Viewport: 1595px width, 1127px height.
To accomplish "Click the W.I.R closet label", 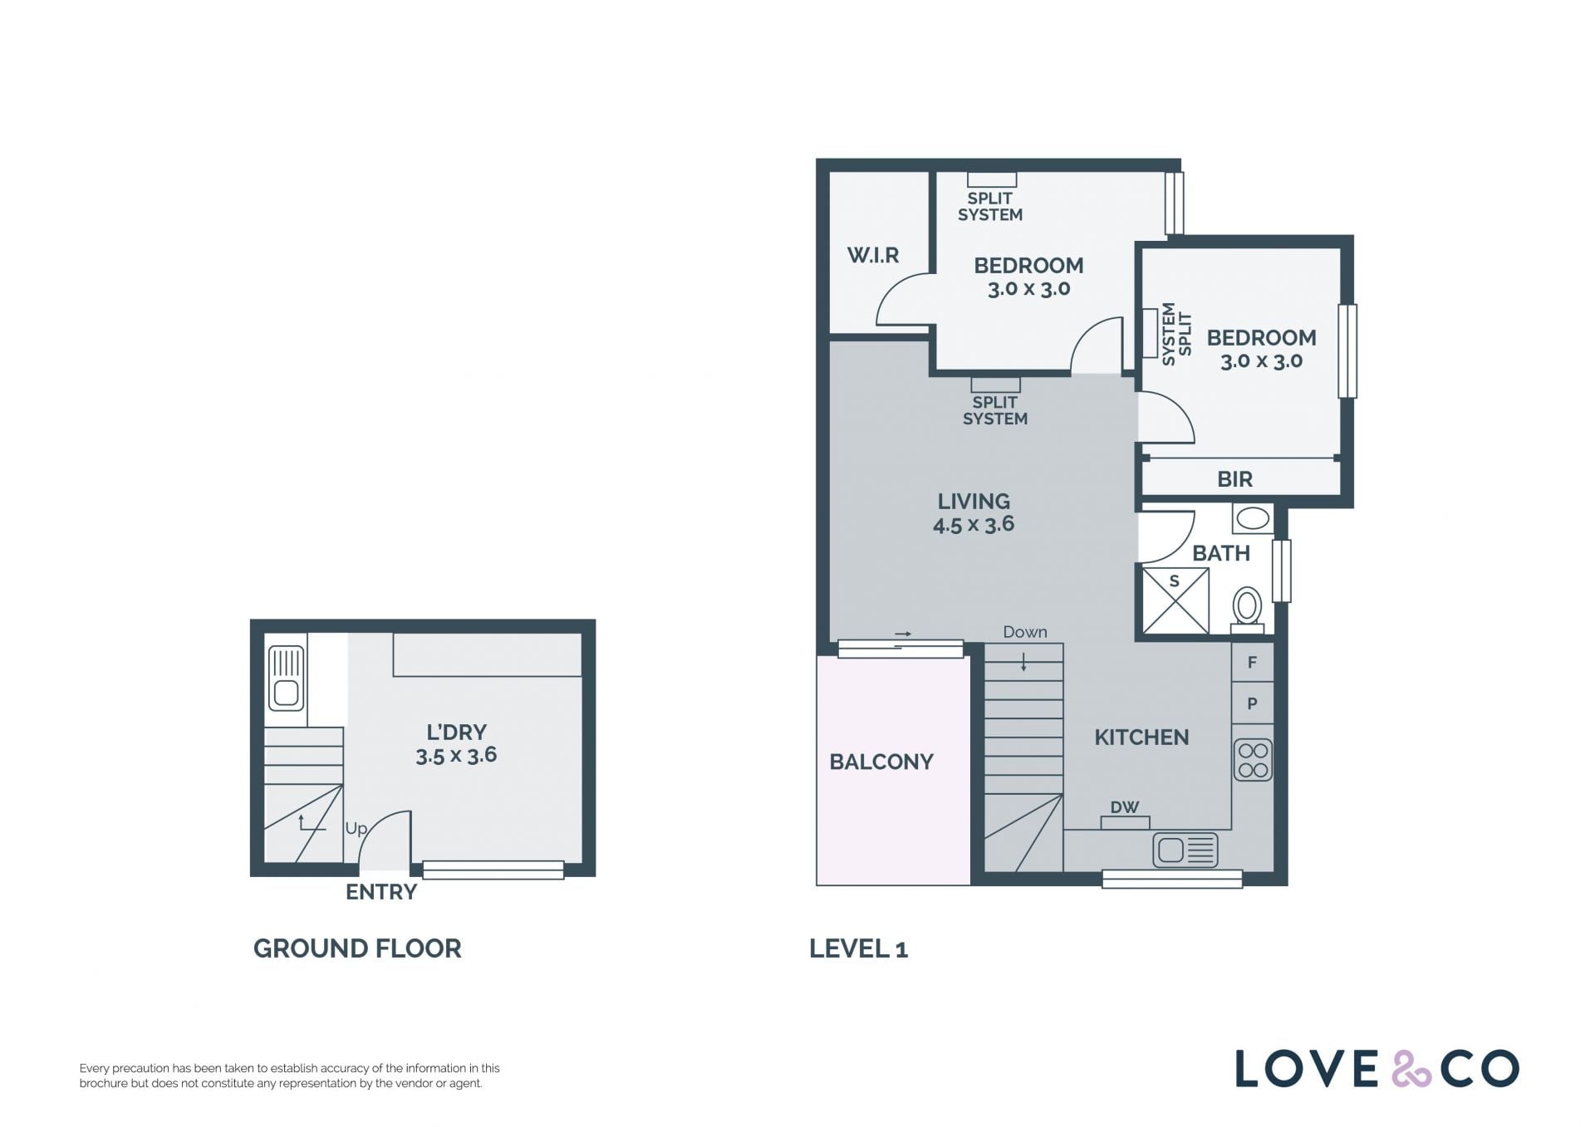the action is pyautogui.click(x=872, y=255).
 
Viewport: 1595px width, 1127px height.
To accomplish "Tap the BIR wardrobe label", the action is pyautogui.click(x=1234, y=479).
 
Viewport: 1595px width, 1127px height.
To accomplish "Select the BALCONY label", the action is pyautogui.click(x=881, y=762).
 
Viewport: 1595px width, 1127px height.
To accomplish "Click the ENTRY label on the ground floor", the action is pyautogui.click(x=381, y=892).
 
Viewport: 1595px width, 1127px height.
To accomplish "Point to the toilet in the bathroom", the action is pyautogui.click(x=1247, y=610).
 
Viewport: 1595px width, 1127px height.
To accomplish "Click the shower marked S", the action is pyautogui.click(x=1175, y=600).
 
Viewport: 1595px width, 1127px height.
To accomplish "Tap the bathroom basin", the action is pyautogui.click(x=1252, y=519).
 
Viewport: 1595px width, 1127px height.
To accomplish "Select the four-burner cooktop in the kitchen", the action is pyautogui.click(x=1253, y=760).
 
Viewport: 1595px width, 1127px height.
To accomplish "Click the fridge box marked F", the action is pyautogui.click(x=1252, y=662).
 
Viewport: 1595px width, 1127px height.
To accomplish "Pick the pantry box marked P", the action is pyautogui.click(x=1252, y=703).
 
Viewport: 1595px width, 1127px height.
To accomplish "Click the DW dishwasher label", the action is pyautogui.click(x=1125, y=807).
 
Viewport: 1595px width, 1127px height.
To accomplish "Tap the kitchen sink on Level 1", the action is pyautogui.click(x=1185, y=850).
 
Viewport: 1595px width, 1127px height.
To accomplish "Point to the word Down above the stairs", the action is pyautogui.click(x=1025, y=632).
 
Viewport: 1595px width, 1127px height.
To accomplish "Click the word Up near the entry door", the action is pyautogui.click(x=356, y=829).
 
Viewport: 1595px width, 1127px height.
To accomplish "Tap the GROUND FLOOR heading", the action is pyautogui.click(x=357, y=948).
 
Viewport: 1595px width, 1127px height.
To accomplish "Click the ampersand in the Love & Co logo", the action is pyautogui.click(x=1411, y=1069).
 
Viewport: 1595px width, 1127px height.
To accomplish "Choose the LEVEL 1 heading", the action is pyautogui.click(x=858, y=948).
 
